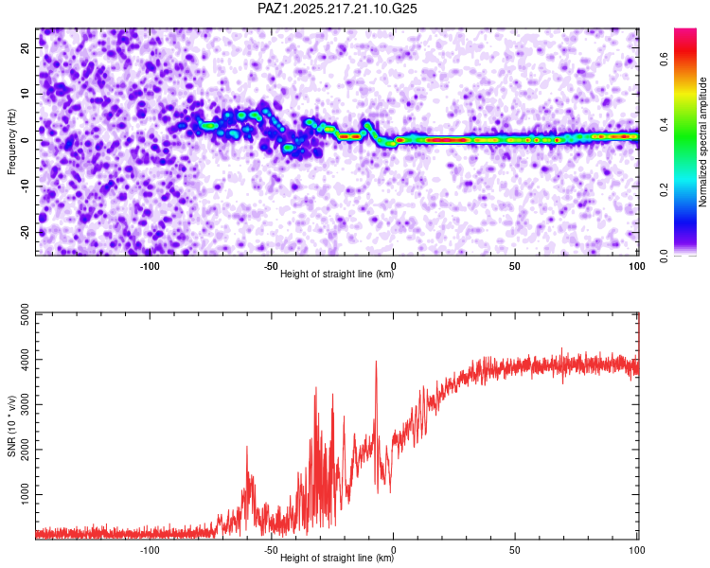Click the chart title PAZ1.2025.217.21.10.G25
click(337, 9)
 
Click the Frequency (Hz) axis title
click(11, 142)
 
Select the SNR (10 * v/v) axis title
click(11, 426)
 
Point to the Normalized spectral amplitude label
click(702, 142)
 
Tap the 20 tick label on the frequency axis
click(26, 47)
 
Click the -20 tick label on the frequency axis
click(26, 233)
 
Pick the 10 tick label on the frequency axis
click(26, 94)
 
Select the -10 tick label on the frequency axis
click(26, 186)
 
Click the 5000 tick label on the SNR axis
click(26, 314)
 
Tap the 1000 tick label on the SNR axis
click(26, 494)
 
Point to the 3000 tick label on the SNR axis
click(26, 404)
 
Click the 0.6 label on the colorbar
click(664, 59)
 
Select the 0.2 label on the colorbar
click(664, 189)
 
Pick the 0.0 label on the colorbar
click(664, 256)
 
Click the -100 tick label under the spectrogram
click(150, 266)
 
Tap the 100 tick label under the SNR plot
click(637, 550)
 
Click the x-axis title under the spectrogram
click(337, 274)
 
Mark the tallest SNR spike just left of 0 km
click(376, 362)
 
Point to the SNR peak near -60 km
click(247, 447)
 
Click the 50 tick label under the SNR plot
click(515, 550)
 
